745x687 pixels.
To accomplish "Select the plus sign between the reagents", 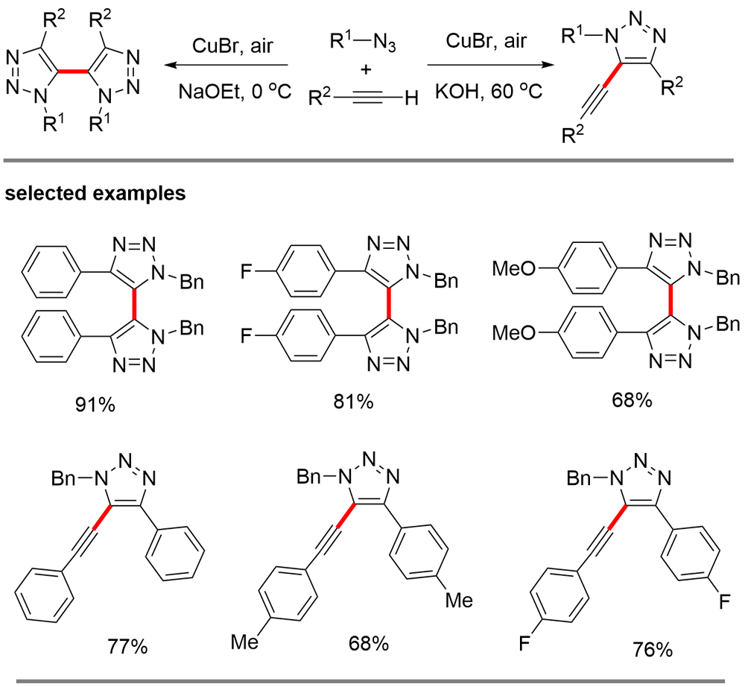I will point(365,70).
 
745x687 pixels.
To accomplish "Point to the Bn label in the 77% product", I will point(67,477).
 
